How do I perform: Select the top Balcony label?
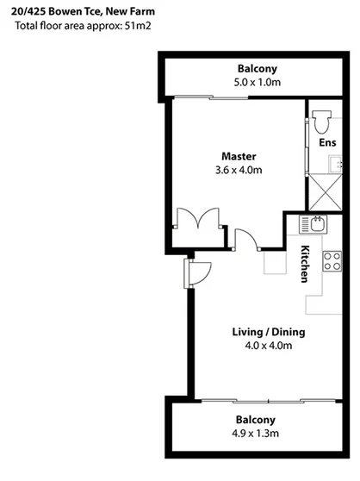tap(257, 69)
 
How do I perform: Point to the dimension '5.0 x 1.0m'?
tap(257, 83)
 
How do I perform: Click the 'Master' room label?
tap(239, 156)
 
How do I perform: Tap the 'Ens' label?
tap(326, 142)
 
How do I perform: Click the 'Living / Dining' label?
tap(269, 333)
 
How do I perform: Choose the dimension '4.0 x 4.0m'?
tap(269, 347)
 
